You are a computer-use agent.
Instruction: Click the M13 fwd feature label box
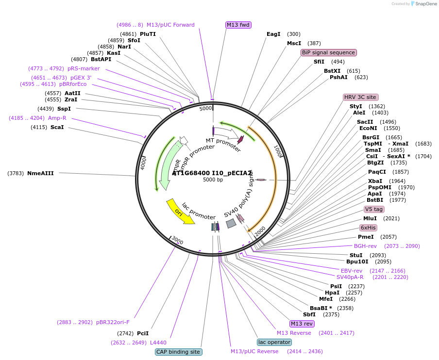[238, 25]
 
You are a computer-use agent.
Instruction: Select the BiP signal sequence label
[329, 52]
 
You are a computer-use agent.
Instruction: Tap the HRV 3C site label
[360, 97]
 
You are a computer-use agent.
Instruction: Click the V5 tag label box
[374, 209]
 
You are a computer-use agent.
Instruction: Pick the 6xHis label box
[368, 228]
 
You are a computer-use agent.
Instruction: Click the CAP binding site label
[178, 352]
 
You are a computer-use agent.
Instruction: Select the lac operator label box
[274, 342]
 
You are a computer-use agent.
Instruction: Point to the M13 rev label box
[302, 324]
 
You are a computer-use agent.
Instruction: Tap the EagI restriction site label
[274, 34]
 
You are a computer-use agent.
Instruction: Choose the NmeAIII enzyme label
[40, 173]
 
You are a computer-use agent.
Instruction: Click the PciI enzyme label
[143, 333]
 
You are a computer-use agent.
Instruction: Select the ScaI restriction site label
[57, 127]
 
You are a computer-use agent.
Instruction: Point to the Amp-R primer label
[57, 118]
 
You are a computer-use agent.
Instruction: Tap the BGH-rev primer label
[365, 246]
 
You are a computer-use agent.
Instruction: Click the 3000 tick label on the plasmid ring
[177, 241]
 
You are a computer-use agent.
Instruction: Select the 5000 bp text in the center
[213, 180]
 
